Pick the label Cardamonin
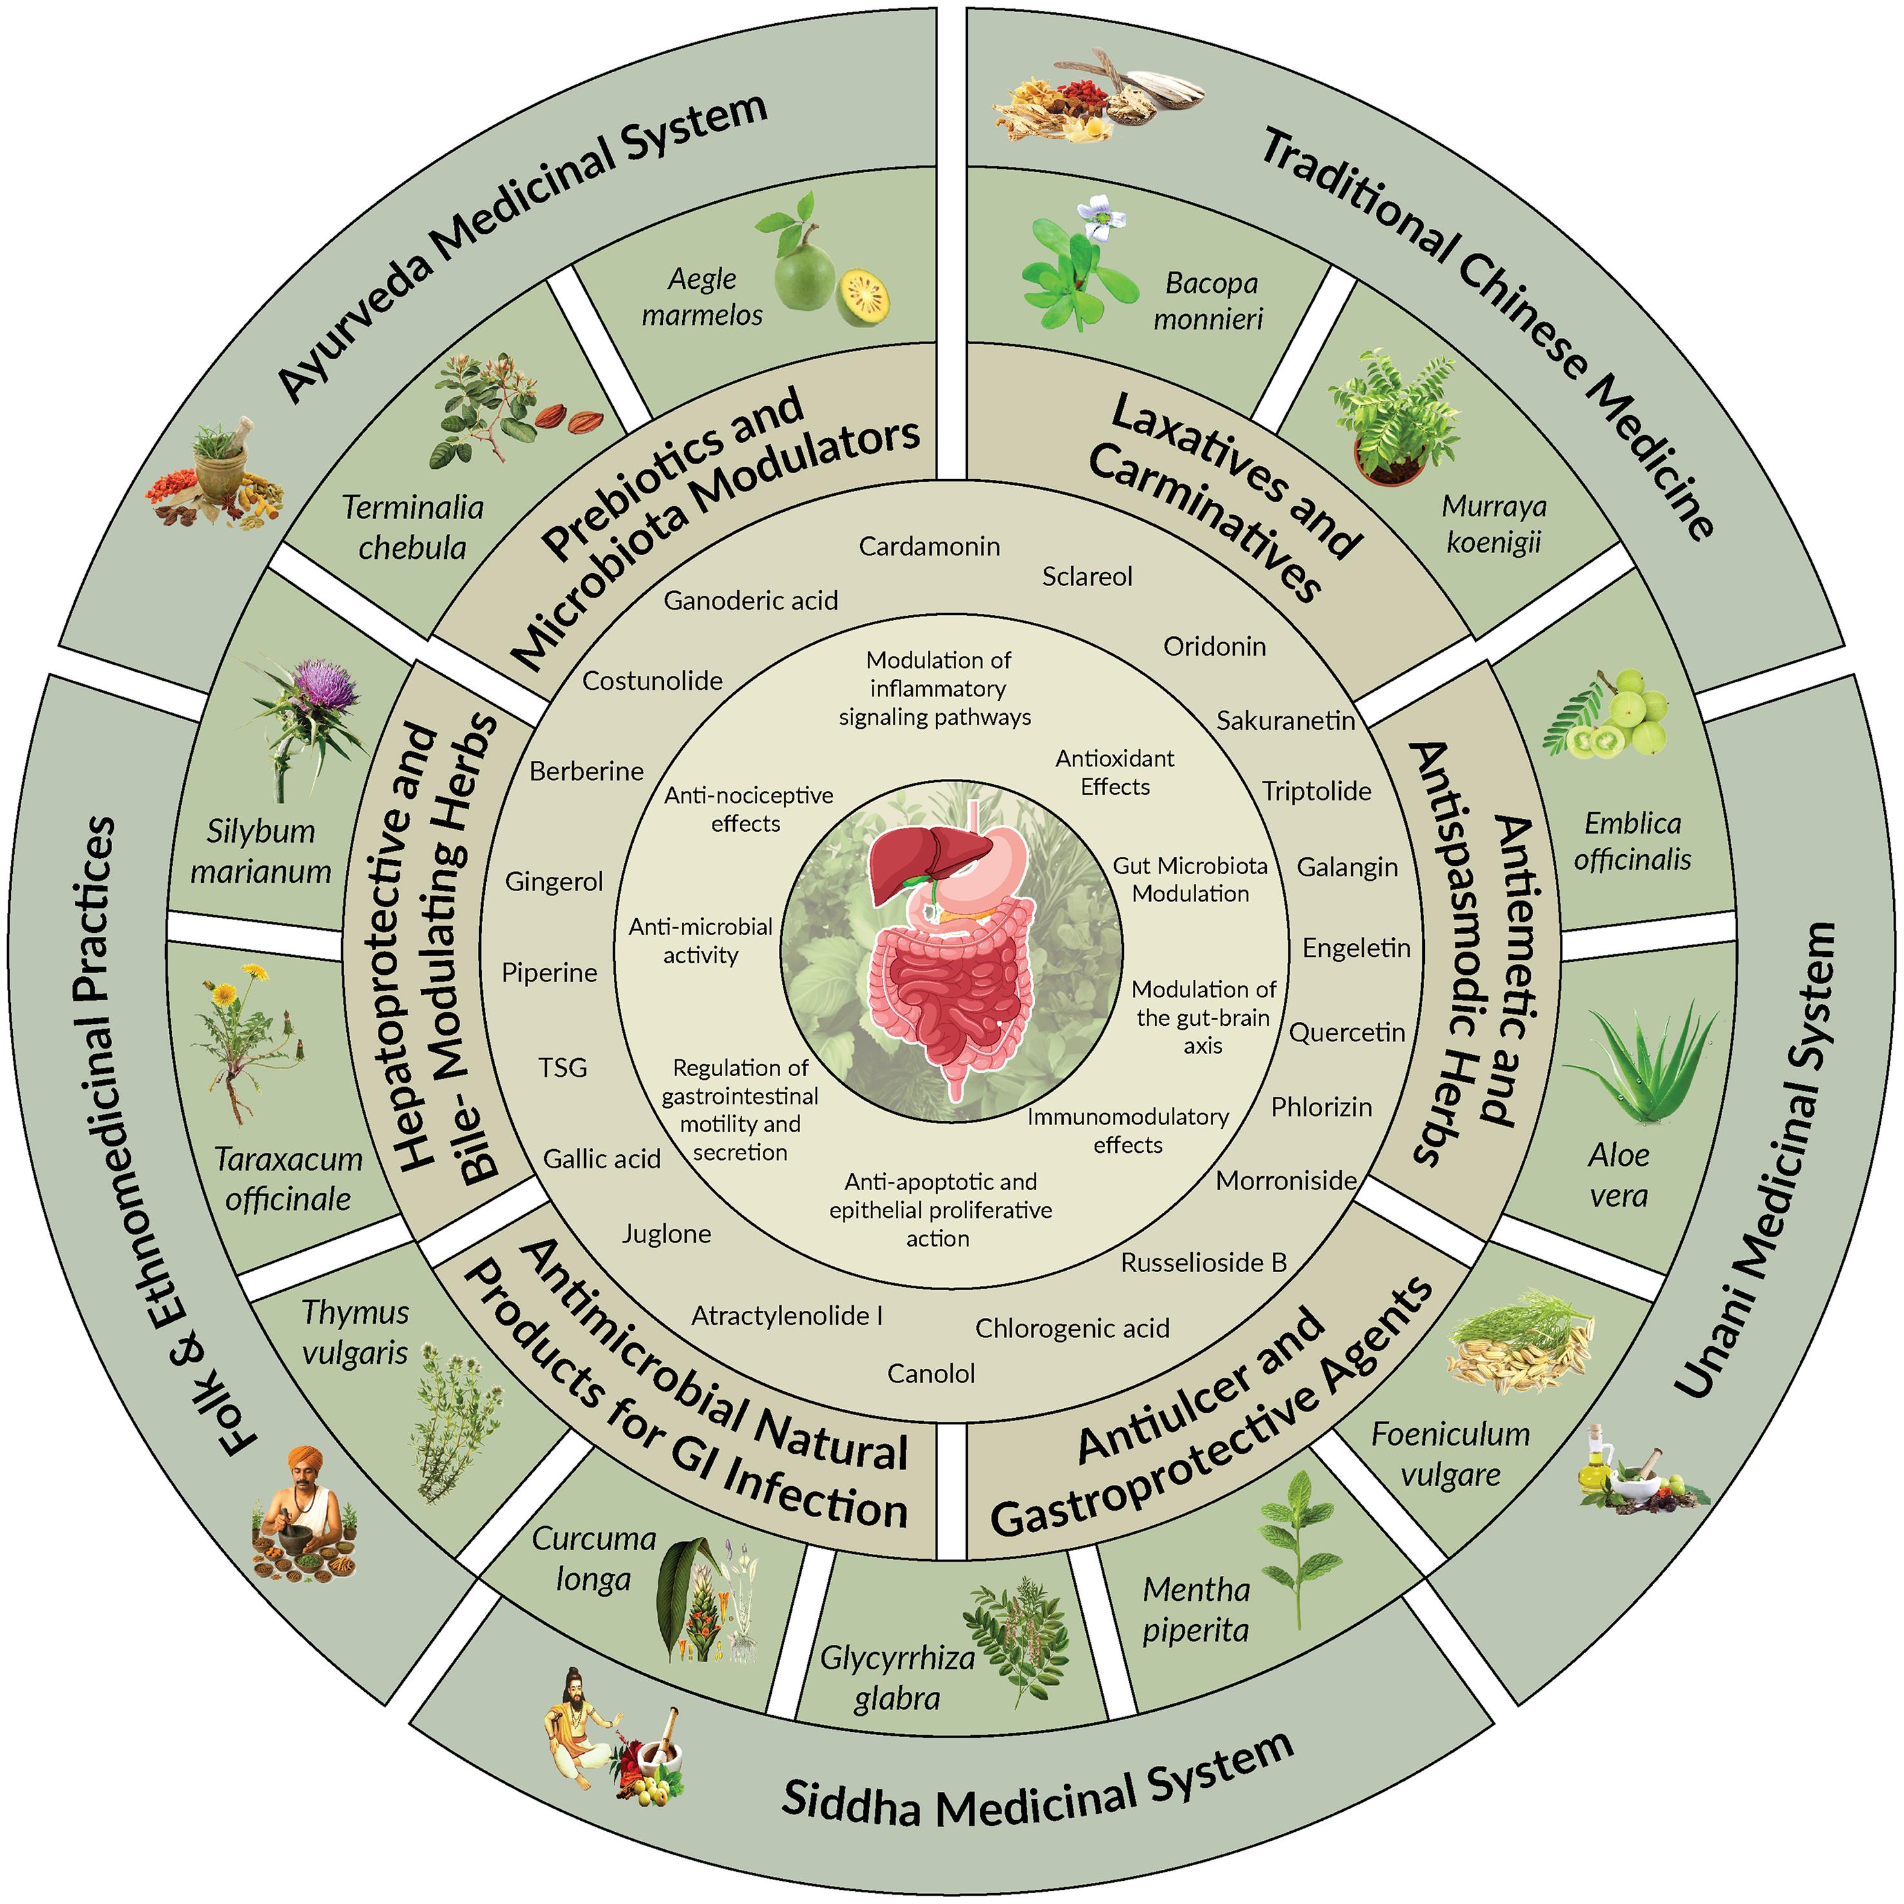click(929, 546)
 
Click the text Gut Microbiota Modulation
click(1190, 879)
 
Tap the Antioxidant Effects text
click(1115, 772)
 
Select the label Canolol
click(931, 1373)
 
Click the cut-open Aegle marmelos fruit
click(864, 297)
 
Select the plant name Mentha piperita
click(1195, 1609)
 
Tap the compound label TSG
click(563, 1067)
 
